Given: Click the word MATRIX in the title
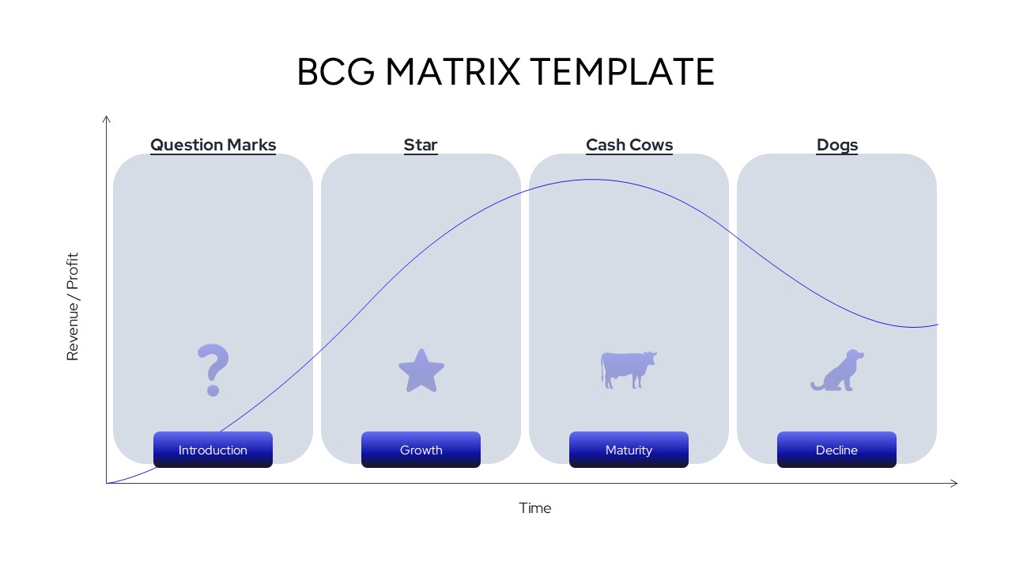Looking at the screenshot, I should [453, 72].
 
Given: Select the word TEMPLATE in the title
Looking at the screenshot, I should [622, 72].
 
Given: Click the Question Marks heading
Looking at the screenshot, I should [213, 145].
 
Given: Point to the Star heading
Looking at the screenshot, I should [421, 145].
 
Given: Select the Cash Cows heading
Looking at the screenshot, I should [629, 145].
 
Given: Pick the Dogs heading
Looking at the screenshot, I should [837, 145].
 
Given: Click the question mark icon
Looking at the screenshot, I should [213, 370].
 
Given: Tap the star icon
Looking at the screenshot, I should [421, 370].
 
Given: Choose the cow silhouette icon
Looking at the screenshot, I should [628, 370].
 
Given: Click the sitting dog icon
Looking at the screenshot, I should [837, 370].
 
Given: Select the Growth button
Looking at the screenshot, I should [421, 450].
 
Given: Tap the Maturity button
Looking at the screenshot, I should [629, 450].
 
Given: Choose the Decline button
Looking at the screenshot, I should [836, 450].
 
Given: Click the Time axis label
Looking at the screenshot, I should [535, 508].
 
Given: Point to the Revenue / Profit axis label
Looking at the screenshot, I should [73, 306].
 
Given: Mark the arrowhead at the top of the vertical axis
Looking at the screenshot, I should [106, 119].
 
